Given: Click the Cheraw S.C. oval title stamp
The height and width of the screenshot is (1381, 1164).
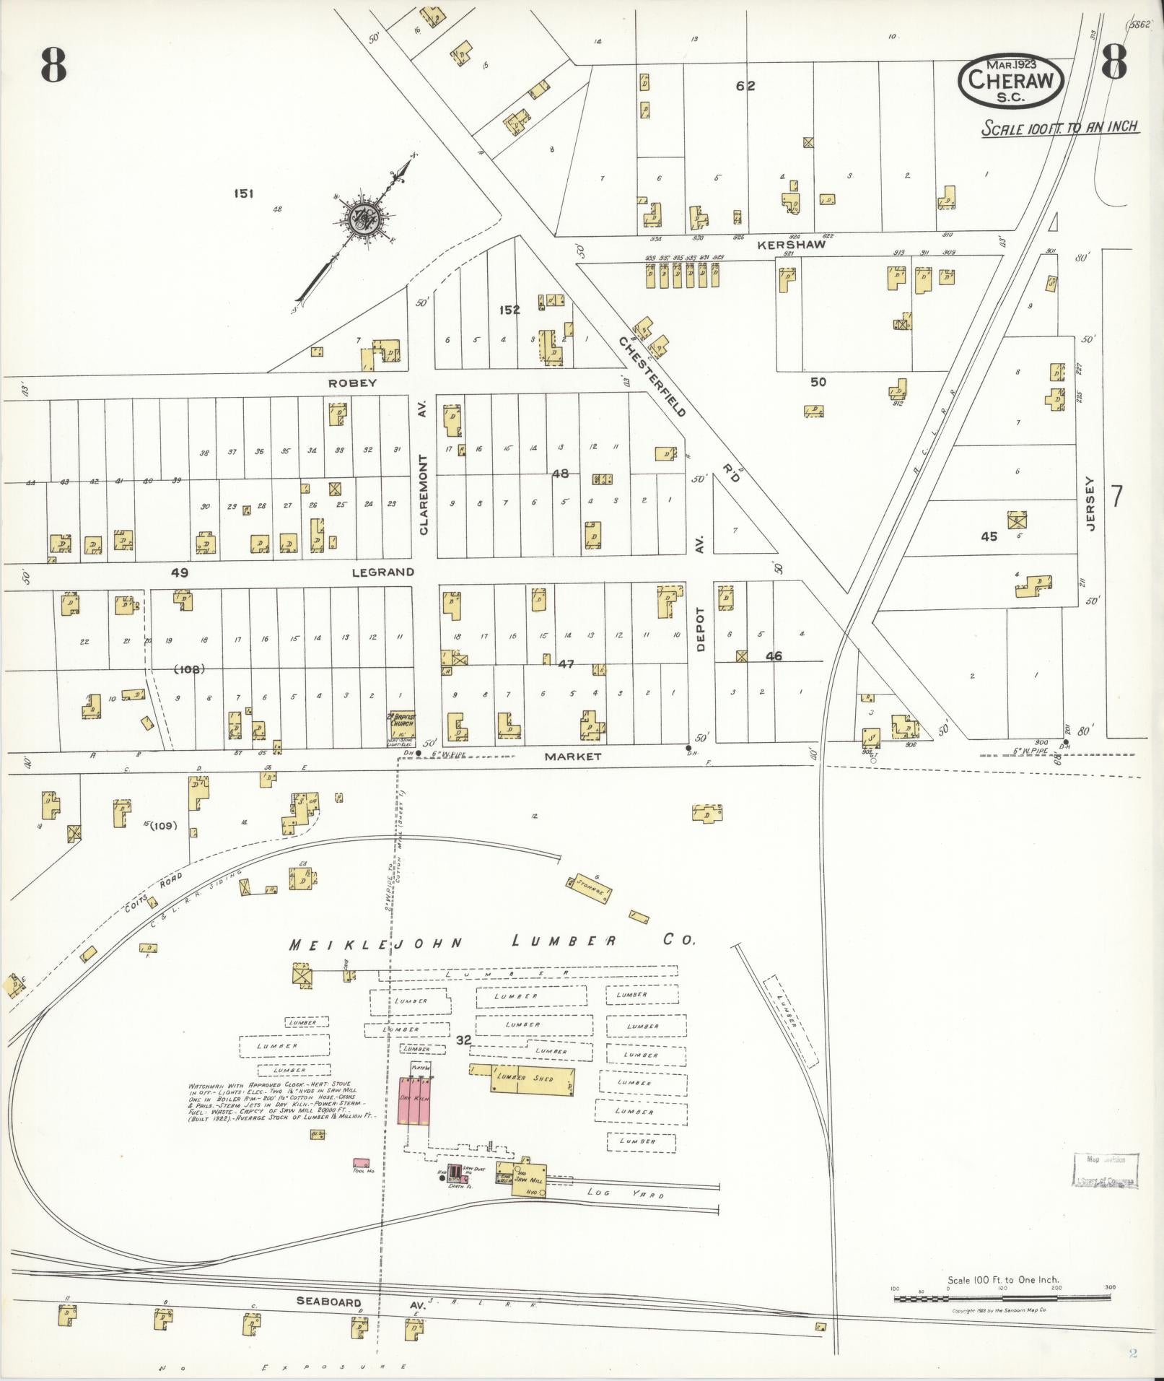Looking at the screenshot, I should tap(1011, 79).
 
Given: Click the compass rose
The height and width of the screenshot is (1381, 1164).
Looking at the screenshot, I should tap(359, 216).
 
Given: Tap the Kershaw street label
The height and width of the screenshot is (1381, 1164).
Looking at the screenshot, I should tap(791, 245).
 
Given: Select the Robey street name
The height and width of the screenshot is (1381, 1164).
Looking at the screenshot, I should tap(353, 383).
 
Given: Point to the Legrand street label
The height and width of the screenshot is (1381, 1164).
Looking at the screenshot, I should tap(382, 572).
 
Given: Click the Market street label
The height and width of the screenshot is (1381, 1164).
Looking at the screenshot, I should tap(572, 757).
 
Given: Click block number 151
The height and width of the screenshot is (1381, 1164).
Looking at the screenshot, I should tap(243, 193).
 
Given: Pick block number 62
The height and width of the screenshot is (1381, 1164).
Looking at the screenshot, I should tap(745, 86).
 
